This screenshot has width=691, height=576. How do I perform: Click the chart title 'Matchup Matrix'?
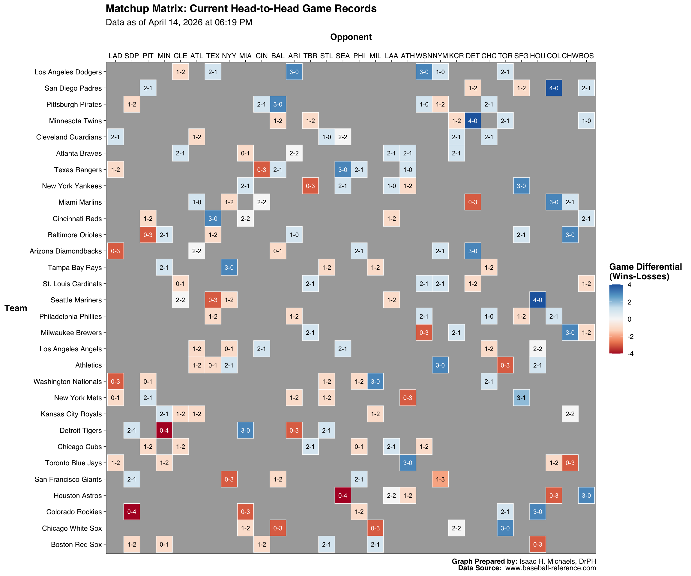tap(241, 9)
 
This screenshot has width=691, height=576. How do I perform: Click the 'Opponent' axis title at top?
tap(351, 37)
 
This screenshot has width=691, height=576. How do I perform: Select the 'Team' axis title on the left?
tap(16, 308)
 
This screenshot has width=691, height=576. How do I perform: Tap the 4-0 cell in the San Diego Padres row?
tap(554, 88)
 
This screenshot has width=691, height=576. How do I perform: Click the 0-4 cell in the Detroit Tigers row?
tap(164, 430)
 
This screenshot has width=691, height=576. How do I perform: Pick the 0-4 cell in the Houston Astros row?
tap(343, 495)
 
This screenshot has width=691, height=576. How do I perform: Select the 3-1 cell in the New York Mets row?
tap(521, 397)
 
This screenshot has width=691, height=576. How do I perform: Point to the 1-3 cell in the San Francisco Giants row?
tap(440, 479)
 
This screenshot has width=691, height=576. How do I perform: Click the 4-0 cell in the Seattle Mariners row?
tap(537, 300)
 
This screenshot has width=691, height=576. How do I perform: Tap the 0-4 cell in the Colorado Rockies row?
tap(132, 511)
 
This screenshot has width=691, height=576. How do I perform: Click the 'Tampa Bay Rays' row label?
tap(75, 268)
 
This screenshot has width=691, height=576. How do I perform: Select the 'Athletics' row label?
tap(88, 365)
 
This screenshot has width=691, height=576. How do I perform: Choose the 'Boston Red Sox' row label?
tap(76, 544)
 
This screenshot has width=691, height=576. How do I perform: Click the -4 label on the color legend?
tap(630, 354)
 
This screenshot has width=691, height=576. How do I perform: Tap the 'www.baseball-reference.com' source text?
tap(551, 568)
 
